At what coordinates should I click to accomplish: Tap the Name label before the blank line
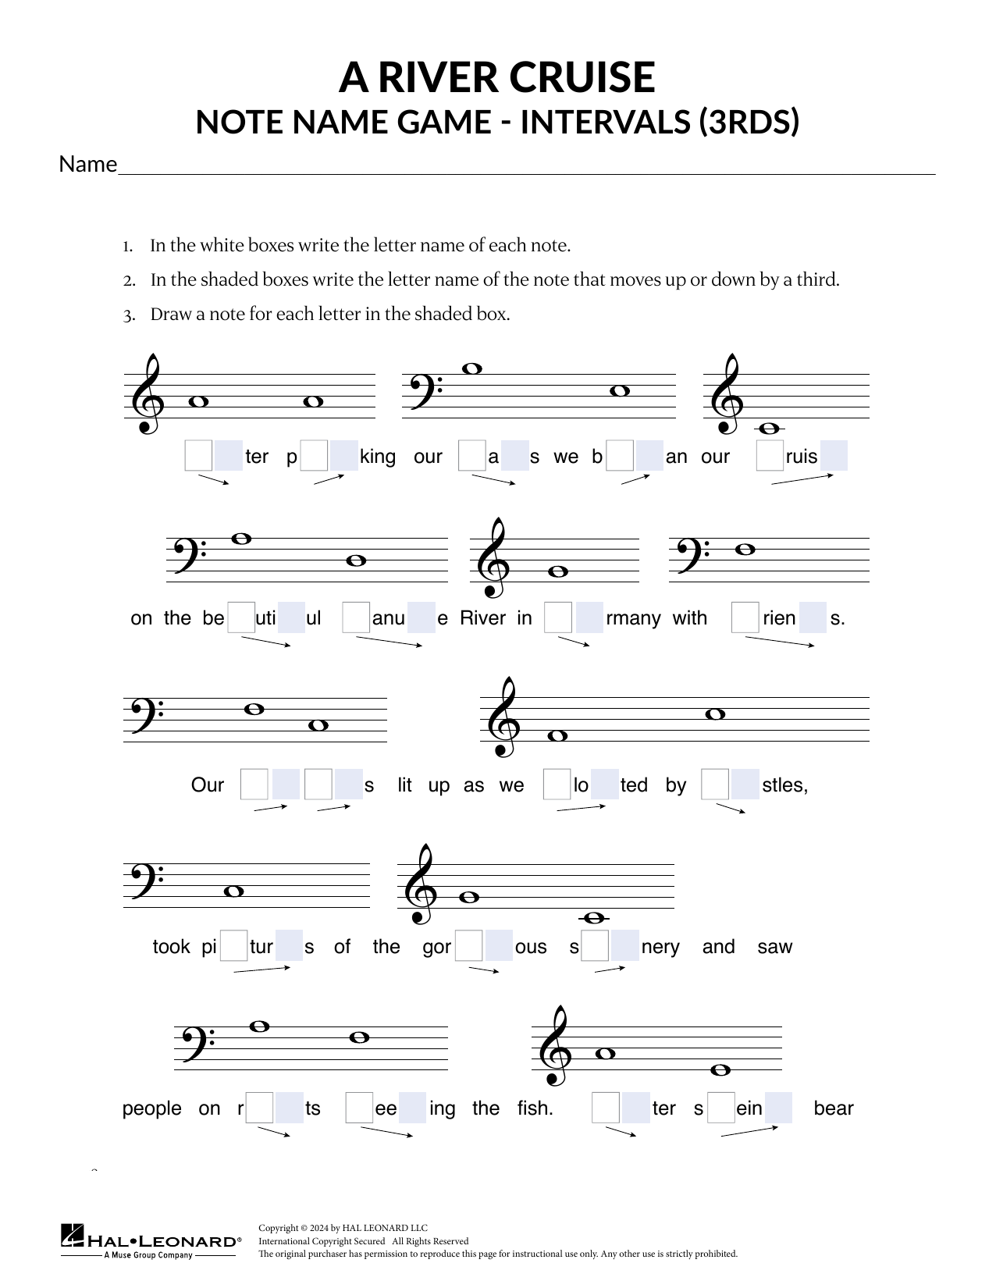(x=87, y=165)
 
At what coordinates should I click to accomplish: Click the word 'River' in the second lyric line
(x=483, y=618)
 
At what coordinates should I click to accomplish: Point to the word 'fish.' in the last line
(x=535, y=1108)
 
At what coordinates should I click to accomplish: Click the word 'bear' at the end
(x=833, y=1108)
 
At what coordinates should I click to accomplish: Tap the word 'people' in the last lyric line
(x=151, y=1108)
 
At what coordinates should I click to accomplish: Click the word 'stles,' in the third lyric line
(x=784, y=785)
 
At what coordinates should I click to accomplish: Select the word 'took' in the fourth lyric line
(x=171, y=947)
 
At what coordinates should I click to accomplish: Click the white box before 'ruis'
(x=770, y=457)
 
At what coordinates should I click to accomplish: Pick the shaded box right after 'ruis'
(x=834, y=457)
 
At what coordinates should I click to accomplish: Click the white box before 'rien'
(x=745, y=618)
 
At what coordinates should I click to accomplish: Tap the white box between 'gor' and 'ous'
(x=468, y=947)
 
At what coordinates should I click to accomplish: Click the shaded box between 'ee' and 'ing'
(x=412, y=1108)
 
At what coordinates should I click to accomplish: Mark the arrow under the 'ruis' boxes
(x=802, y=479)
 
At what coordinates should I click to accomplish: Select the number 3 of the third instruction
(x=128, y=315)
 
